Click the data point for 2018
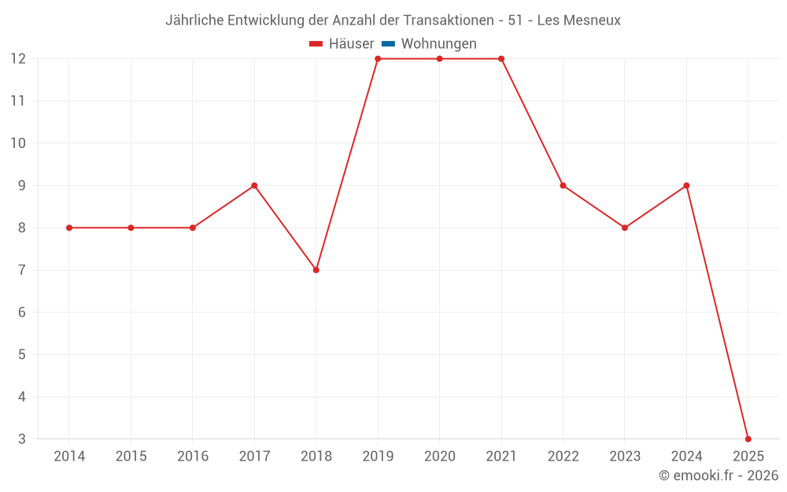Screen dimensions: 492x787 click(316, 270)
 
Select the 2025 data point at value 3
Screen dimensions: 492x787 click(748, 438)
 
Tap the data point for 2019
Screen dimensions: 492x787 click(378, 59)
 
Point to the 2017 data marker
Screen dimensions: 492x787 click(254, 186)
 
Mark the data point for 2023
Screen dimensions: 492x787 click(625, 228)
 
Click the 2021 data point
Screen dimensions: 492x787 click(501, 59)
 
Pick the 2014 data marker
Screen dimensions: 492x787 click(69, 228)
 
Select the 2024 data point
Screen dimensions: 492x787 click(686, 186)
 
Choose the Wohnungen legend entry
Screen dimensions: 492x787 click(438, 44)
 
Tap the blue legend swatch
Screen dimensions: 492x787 click(388, 44)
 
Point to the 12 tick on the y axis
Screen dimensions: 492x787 click(18, 59)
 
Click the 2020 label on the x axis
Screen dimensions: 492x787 click(439, 457)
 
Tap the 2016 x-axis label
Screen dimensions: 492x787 click(193, 457)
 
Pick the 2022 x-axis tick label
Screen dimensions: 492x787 click(563, 457)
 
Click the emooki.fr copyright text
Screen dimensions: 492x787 click(719, 475)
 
